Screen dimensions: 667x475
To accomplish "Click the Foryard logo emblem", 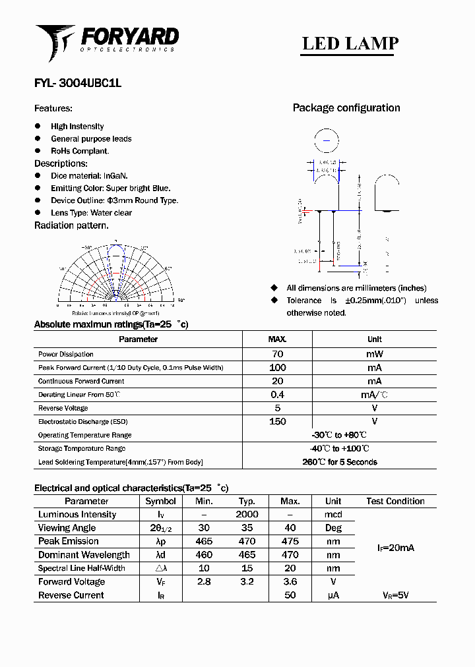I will [x=55, y=41].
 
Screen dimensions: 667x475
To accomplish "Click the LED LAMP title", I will [x=350, y=43].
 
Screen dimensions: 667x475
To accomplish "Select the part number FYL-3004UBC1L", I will [x=77, y=84].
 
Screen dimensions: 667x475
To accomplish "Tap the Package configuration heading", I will [x=346, y=108].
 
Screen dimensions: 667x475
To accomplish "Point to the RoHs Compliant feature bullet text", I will [x=80, y=151].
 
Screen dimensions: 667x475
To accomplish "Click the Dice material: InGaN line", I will [x=89, y=176].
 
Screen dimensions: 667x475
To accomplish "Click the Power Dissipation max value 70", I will [x=277, y=354].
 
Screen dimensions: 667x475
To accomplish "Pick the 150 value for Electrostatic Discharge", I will [x=277, y=421].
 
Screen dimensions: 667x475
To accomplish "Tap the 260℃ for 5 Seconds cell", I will [x=340, y=462].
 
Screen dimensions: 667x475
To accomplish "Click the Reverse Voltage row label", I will [x=64, y=408].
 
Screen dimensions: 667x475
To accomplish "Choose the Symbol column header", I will [x=160, y=501].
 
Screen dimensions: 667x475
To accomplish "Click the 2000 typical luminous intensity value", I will [x=247, y=514].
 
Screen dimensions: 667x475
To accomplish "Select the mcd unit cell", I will [x=333, y=514].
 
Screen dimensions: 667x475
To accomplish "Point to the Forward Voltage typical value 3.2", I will [x=247, y=581].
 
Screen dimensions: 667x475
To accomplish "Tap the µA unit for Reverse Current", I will [x=333, y=595].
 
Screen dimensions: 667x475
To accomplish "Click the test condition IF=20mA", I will [x=396, y=548].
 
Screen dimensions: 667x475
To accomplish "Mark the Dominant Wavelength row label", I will [x=84, y=555].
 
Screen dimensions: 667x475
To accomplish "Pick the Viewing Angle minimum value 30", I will [x=204, y=528].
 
